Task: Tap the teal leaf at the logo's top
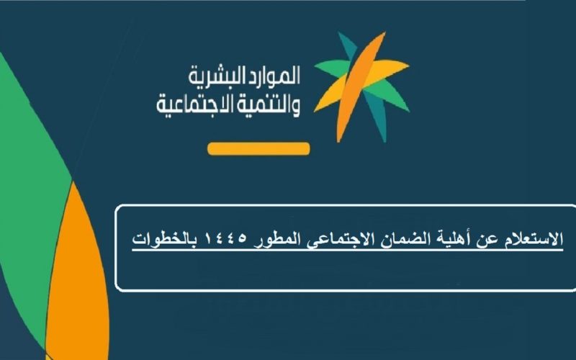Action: [x=348, y=45]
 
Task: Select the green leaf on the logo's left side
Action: [x=330, y=68]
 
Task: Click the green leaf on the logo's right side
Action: [x=393, y=95]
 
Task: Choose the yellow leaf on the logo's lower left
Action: [x=330, y=96]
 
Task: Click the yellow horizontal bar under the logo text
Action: [x=258, y=149]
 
